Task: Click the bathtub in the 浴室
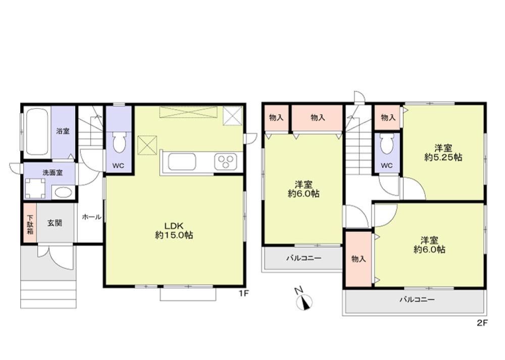click(37, 132)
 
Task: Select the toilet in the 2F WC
click(387, 145)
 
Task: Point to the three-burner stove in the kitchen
click(225, 163)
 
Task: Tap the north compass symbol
click(305, 301)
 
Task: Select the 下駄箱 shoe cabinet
click(29, 223)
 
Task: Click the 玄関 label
click(55, 223)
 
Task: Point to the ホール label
click(91, 217)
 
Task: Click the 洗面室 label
click(52, 172)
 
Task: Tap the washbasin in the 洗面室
click(62, 192)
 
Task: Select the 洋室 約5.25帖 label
click(443, 152)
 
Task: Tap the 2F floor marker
click(482, 324)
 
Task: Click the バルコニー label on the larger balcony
click(417, 299)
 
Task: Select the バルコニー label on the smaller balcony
click(304, 258)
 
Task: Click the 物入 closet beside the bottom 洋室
click(358, 259)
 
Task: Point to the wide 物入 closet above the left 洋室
click(317, 118)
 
